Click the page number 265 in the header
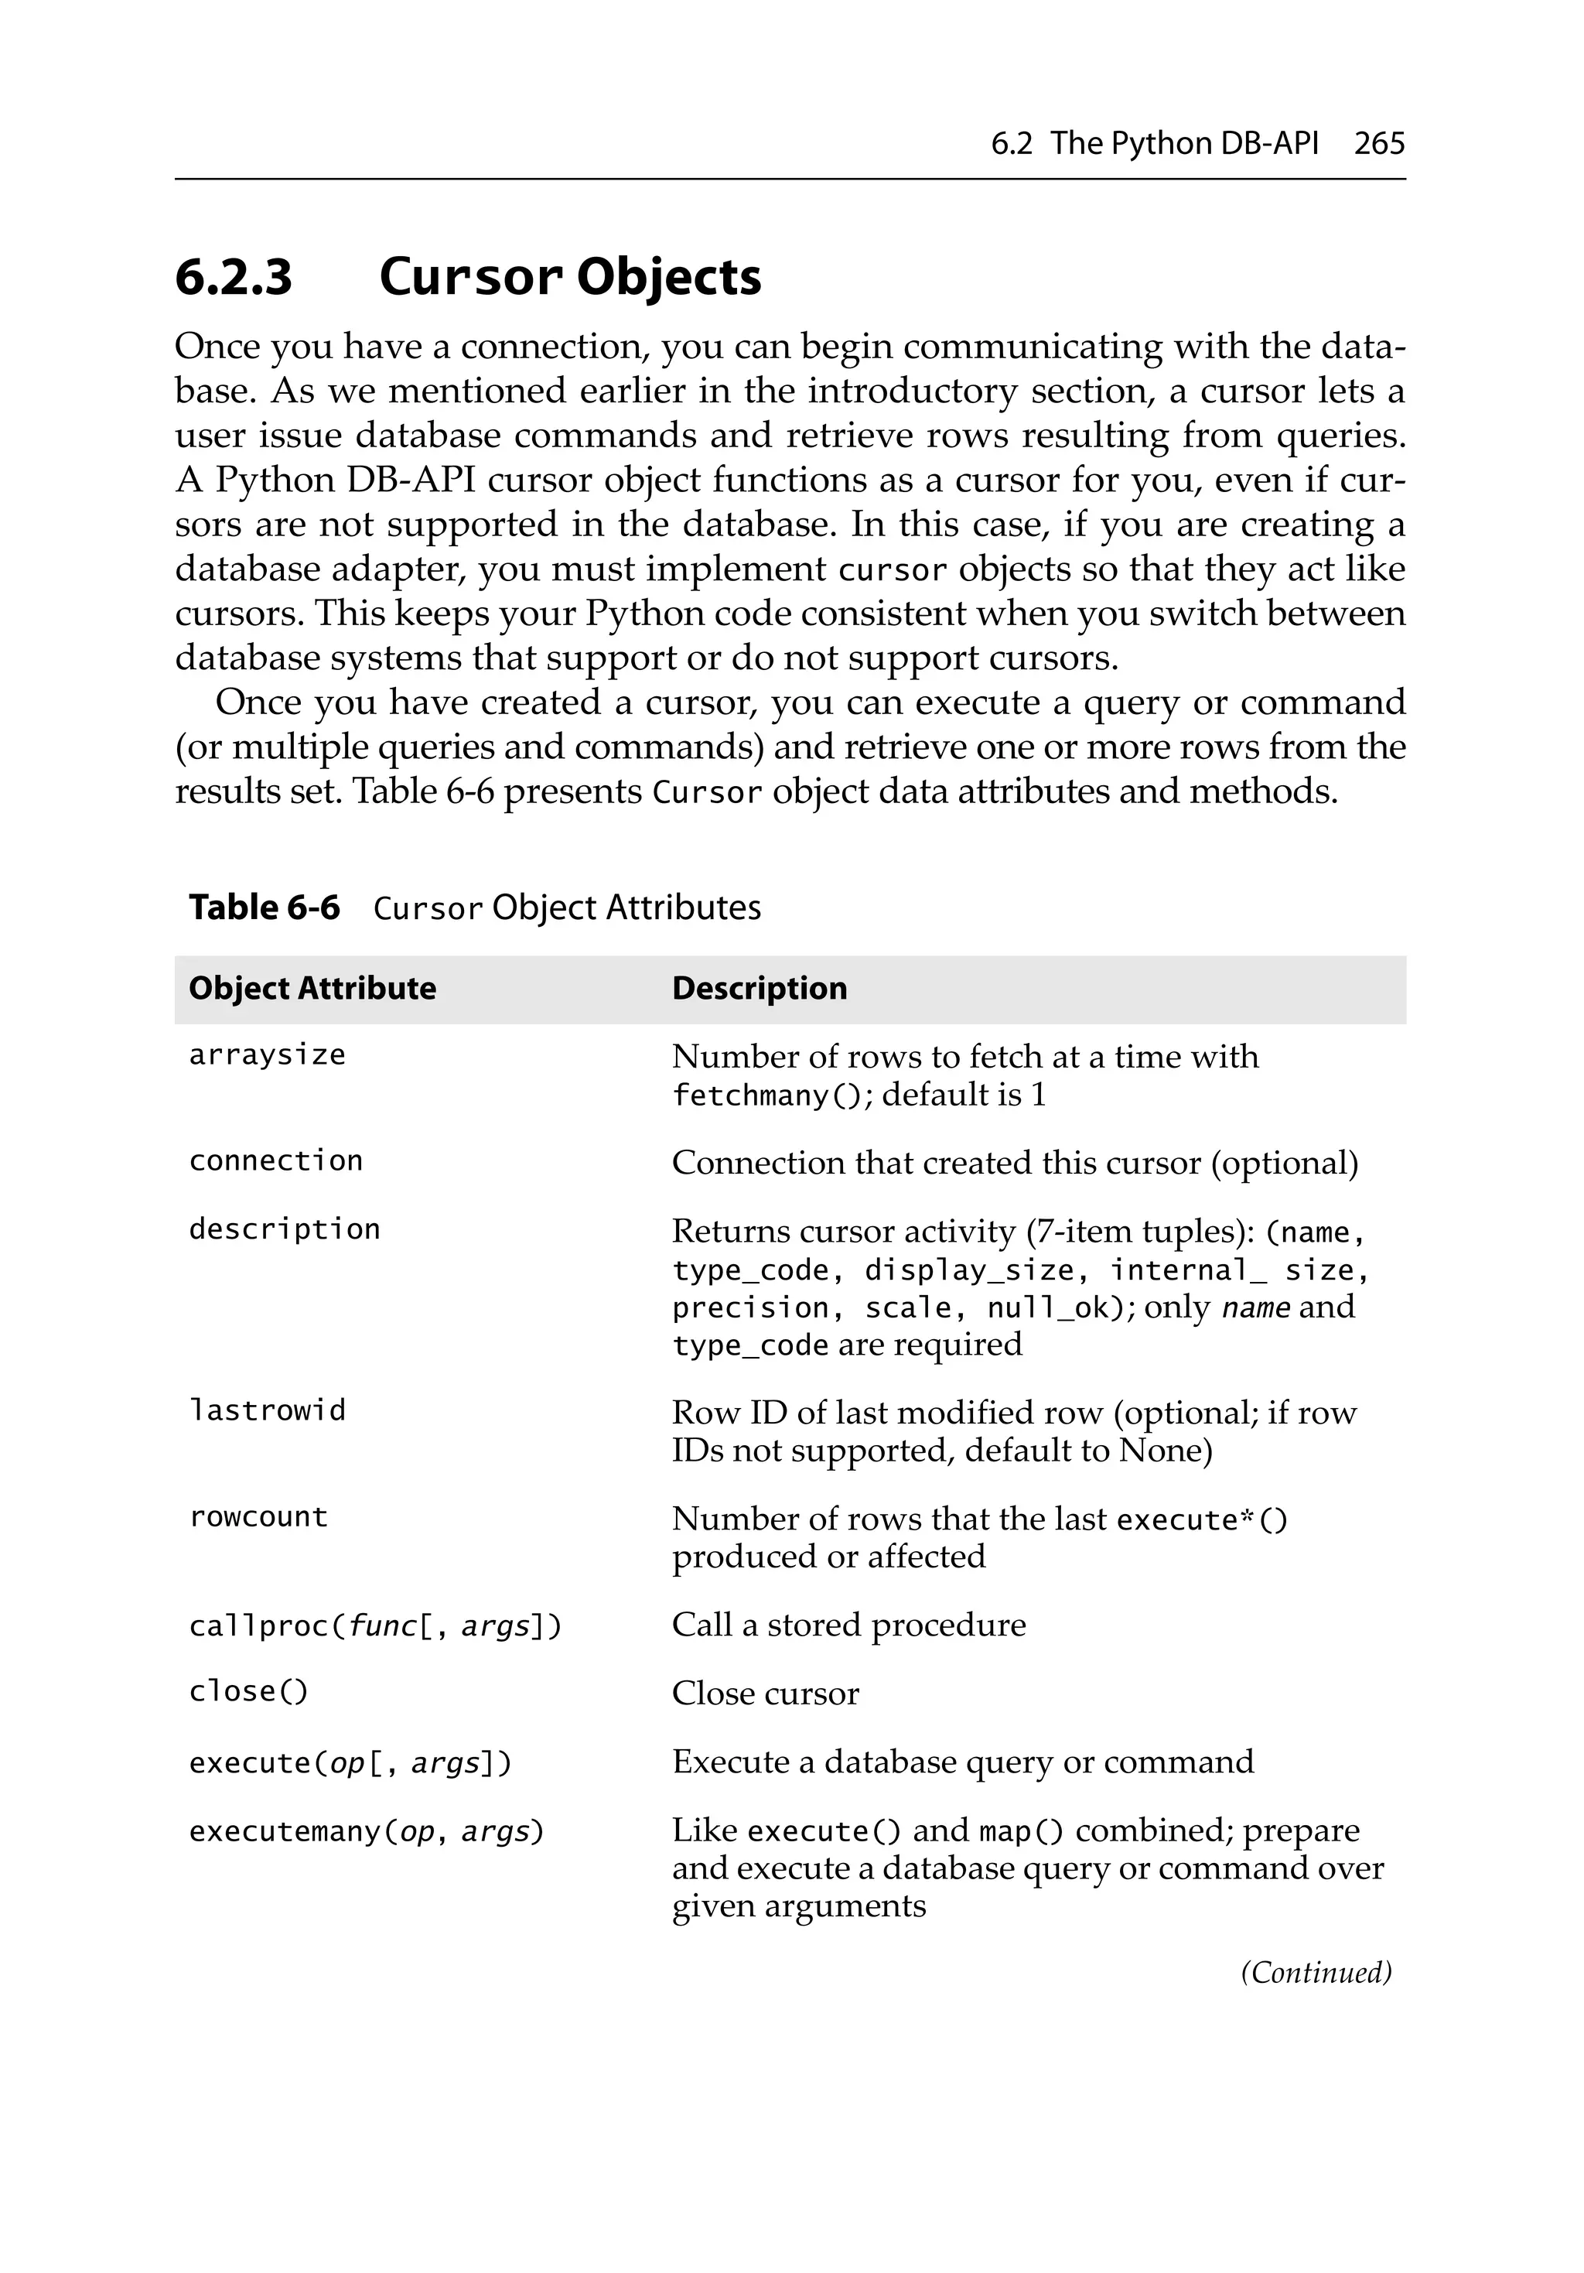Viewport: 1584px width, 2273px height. coord(1378,144)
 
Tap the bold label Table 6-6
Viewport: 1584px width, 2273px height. coord(265,907)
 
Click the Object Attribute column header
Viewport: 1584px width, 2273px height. coord(312,988)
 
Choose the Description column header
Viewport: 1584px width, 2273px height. coord(760,988)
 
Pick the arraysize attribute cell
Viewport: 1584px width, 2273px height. coord(268,1055)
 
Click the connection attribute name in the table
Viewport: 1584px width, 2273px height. coord(275,1160)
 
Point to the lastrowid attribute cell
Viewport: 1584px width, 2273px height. coord(268,1410)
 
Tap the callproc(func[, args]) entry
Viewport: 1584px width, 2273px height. coord(375,1625)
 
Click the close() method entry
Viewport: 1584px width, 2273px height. coord(248,1691)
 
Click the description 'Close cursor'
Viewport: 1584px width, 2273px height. coord(765,1693)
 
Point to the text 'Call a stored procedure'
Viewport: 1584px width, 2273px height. coord(848,1625)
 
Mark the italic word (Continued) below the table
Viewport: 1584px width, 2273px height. coord(1316,1972)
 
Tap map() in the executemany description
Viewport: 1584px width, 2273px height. coord(1021,1830)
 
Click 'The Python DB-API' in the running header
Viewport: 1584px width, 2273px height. coord(1184,144)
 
